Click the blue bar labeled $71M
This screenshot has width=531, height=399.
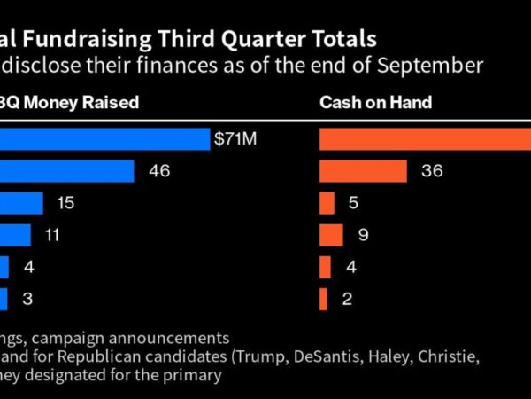pyautogui.click(x=104, y=139)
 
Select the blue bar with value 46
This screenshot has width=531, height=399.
pyautogui.click(x=66, y=171)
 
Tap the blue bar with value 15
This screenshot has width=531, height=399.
pyautogui.click(x=21, y=203)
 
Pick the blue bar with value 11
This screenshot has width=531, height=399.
pyautogui.click(x=15, y=235)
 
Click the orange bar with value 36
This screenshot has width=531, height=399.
pyautogui.click(x=363, y=171)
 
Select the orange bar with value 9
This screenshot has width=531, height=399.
pyautogui.click(x=331, y=235)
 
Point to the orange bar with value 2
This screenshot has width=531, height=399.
pyautogui.click(x=323, y=299)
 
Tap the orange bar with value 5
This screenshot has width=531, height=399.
pyautogui.click(x=327, y=203)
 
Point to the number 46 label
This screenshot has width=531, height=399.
pyautogui.click(x=160, y=171)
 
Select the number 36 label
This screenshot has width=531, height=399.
pyautogui.click(x=432, y=171)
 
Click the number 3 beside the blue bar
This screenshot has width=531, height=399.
pyautogui.click(x=27, y=299)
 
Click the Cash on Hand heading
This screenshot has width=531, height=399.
pyautogui.click(x=375, y=103)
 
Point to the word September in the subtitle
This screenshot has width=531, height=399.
pyautogui.click(x=431, y=66)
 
